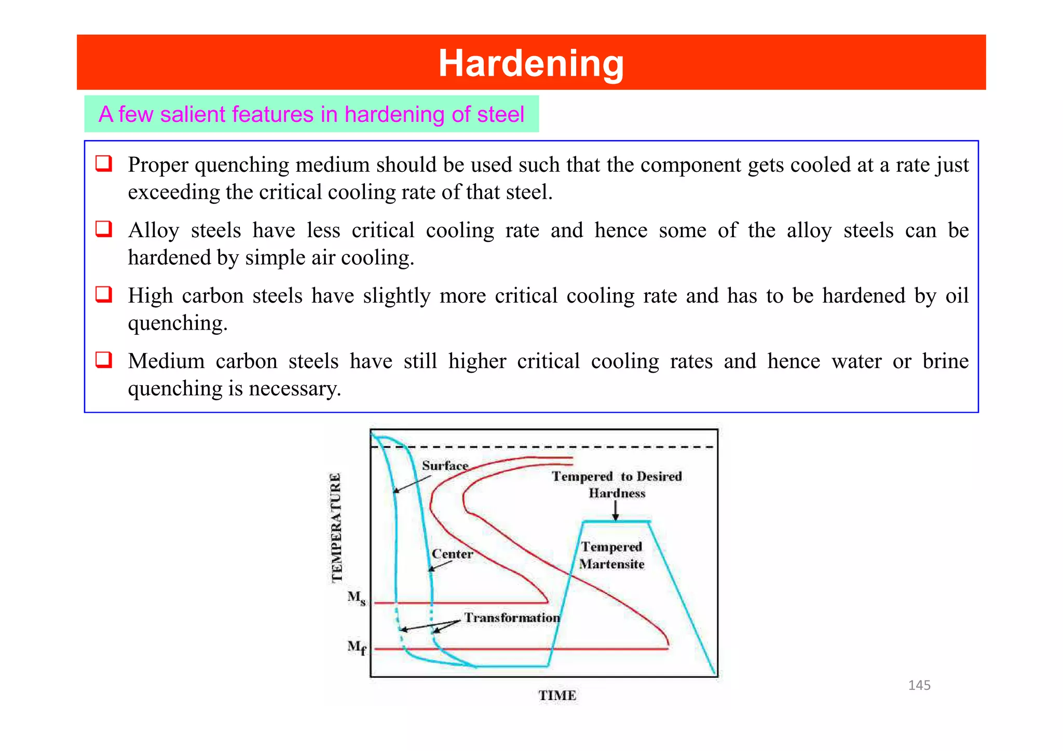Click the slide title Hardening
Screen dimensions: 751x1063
point(531,63)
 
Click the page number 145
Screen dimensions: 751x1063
point(919,685)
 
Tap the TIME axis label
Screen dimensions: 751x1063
point(557,695)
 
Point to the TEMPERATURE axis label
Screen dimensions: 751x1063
point(337,527)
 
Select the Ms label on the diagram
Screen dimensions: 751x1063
point(357,598)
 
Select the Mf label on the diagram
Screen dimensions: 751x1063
point(357,647)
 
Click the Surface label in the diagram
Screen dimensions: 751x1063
point(445,466)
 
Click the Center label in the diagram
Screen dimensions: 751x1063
point(452,554)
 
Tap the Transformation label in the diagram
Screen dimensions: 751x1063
point(512,618)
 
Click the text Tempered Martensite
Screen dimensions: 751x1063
point(611,555)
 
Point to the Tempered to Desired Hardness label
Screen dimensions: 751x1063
point(617,484)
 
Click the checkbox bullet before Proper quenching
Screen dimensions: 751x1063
point(104,163)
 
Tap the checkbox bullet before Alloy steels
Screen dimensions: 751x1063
point(104,229)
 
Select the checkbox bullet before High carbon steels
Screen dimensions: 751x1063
point(104,294)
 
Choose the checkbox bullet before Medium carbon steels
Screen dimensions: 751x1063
point(104,360)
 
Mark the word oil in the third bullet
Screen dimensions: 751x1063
point(957,296)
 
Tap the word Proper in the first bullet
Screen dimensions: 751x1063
point(158,165)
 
